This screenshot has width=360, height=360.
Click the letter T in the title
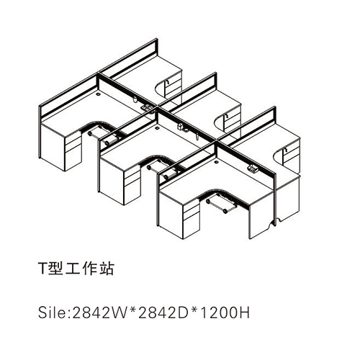pos(42,268)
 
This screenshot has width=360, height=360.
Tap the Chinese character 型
pos(55,268)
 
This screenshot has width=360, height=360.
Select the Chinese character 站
pos(105,268)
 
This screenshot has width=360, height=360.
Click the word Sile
pos(52,312)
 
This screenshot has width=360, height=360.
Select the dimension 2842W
pos(99,312)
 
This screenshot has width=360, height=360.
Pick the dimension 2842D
pos(163,312)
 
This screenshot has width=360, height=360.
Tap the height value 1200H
pos(225,312)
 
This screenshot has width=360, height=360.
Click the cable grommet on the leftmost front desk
pos(98,94)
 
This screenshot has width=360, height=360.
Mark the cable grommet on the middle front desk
pos(158,128)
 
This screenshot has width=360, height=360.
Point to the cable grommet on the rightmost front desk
pos(217,162)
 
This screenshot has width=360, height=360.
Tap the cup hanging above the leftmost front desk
pos(135,99)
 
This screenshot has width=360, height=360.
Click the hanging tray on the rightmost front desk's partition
pos(252,168)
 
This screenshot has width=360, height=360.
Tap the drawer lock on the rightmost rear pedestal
pos(286,150)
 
